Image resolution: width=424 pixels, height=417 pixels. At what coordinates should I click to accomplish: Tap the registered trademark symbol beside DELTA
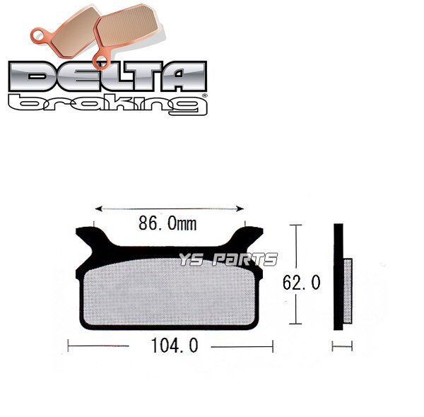pyautogui.click(x=204, y=93)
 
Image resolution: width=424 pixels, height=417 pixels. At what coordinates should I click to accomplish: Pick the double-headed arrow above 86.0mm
pyautogui.click(x=169, y=208)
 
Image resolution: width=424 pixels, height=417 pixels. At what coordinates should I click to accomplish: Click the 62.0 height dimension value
pyautogui.click(x=301, y=283)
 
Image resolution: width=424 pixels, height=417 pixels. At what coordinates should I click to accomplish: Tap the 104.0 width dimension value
pyautogui.click(x=170, y=346)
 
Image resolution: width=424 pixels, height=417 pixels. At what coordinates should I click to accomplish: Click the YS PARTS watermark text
pyautogui.click(x=228, y=260)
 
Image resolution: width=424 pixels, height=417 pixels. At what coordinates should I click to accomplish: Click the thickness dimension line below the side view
pyautogui.click(x=342, y=347)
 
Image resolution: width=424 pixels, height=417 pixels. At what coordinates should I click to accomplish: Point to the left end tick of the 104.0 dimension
pyautogui.click(x=68, y=347)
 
